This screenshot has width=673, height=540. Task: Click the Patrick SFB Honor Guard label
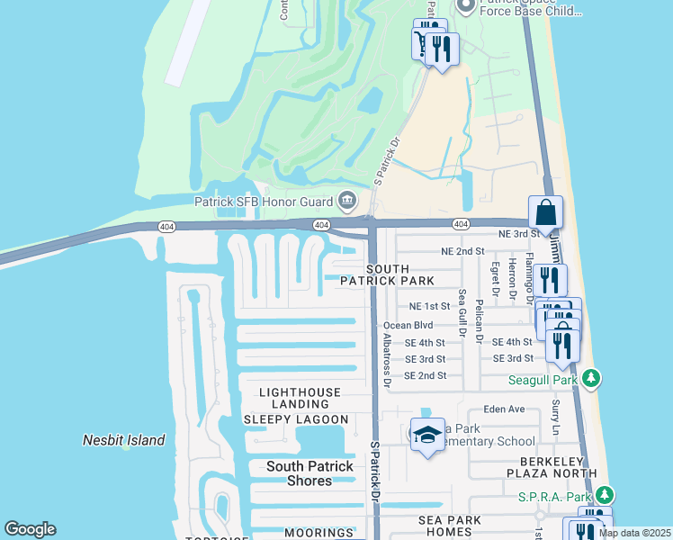coord(264,200)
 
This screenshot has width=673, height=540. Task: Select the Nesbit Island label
coord(123,440)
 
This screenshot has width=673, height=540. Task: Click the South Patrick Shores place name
coord(310,473)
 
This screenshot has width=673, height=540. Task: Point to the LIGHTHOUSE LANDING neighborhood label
coord(300,399)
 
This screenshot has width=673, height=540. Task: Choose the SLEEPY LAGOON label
coord(296,419)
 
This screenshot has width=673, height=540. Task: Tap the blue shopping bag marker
coord(545,214)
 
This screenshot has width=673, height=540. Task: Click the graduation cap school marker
coord(427,436)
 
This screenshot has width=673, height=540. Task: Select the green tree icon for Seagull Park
coord(591,380)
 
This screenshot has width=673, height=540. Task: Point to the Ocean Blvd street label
coord(408,325)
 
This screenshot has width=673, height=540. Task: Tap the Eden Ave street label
coord(504,409)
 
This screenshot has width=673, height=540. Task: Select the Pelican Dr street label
coord(480,323)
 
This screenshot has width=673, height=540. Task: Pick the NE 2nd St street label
coord(462,251)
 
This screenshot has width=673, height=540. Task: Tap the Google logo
coord(30,529)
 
